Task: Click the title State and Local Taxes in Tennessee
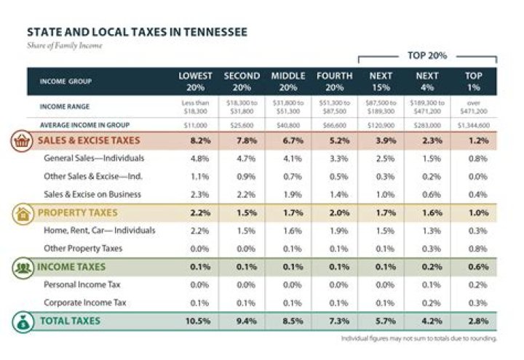(x=136, y=33)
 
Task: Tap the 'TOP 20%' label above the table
(x=426, y=55)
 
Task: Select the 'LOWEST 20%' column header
(x=195, y=81)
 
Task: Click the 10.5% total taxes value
(x=195, y=321)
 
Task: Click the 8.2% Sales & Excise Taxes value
(x=195, y=140)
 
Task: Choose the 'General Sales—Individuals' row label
(x=92, y=158)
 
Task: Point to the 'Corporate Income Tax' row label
(x=86, y=302)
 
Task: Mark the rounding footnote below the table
(x=418, y=339)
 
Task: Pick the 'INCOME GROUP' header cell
(x=65, y=81)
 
